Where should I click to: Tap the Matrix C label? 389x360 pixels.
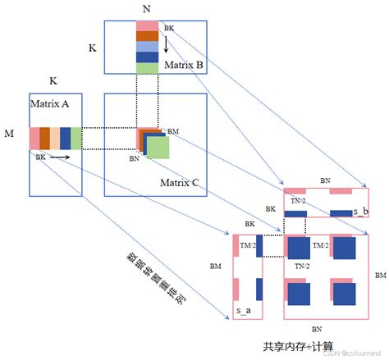(x=180, y=183)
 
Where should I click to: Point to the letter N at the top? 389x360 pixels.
(x=146, y=8)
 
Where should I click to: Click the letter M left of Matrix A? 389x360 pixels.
(x=9, y=133)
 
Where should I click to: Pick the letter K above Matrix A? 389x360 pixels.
(x=54, y=81)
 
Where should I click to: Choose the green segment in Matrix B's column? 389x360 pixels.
(x=147, y=69)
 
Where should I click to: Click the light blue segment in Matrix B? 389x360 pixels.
(x=147, y=47)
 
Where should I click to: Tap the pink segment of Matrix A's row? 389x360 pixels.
(x=34, y=138)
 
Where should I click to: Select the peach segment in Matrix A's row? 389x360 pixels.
(x=55, y=138)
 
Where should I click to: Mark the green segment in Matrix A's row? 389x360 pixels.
(x=76, y=138)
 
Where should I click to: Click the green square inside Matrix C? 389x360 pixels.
(x=158, y=148)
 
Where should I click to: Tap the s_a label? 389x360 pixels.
(x=244, y=311)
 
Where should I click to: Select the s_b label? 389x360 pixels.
(x=360, y=212)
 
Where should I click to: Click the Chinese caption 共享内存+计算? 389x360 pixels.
(x=298, y=345)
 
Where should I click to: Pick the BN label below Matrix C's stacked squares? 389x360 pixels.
(x=135, y=159)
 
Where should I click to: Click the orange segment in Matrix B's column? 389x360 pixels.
(x=147, y=35)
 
